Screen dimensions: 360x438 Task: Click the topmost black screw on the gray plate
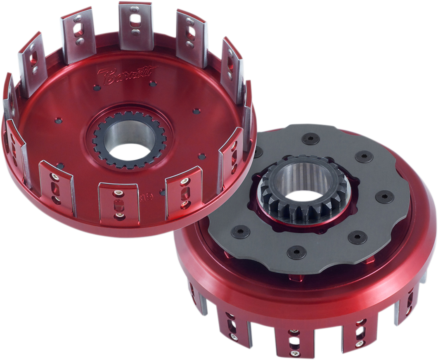pyautogui.click(x=310, y=139)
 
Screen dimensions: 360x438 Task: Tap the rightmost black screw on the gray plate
pyautogui.click(x=385, y=197)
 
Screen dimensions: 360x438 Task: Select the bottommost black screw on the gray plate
pyautogui.click(x=296, y=252)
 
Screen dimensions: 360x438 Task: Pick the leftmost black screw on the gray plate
pyautogui.click(x=240, y=232)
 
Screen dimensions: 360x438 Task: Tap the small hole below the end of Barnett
pyautogui.click(x=153, y=84)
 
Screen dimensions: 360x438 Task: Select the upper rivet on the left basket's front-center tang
pyautogui.click(x=118, y=192)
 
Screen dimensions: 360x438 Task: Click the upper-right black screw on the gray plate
pyautogui.click(x=364, y=156)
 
